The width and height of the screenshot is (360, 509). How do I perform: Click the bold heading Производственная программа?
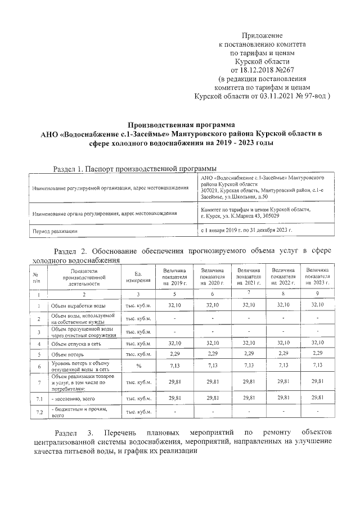181,125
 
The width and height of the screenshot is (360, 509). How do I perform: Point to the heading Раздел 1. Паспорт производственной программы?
134,168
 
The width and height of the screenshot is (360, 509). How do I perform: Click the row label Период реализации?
55,231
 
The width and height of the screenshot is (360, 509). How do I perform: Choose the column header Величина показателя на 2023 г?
318,277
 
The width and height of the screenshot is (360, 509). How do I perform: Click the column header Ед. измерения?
138,277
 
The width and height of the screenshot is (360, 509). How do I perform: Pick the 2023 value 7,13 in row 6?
318,366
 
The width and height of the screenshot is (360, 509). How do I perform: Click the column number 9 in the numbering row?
318,294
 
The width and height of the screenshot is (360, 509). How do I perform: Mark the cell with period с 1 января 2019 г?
246,231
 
